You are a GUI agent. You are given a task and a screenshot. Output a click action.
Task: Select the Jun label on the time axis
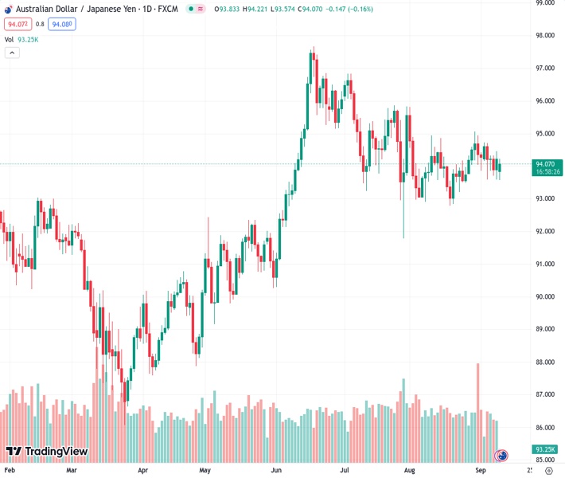pyautogui.click(x=276, y=471)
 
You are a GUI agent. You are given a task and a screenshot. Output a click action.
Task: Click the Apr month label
pyautogui.click(x=142, y=471)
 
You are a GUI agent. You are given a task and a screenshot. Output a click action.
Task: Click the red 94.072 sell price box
pyautogui.click(x=18, y=25)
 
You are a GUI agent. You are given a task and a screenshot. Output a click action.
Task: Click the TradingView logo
pyautogui.click(x=46, y=452)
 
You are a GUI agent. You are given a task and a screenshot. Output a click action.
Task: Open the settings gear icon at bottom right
pyautogui.click(x=548, y=471)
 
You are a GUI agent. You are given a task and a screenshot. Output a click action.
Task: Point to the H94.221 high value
pyautogui.click(x=256, y=9)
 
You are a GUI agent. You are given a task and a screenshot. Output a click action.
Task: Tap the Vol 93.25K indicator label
pyautogui.click(x=21, y=39)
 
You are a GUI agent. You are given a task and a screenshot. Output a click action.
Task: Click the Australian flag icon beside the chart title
pyautogui.click(x=7, y=9)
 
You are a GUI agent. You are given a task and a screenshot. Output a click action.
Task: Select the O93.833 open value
pyautogui.click(x=226, y=9)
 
